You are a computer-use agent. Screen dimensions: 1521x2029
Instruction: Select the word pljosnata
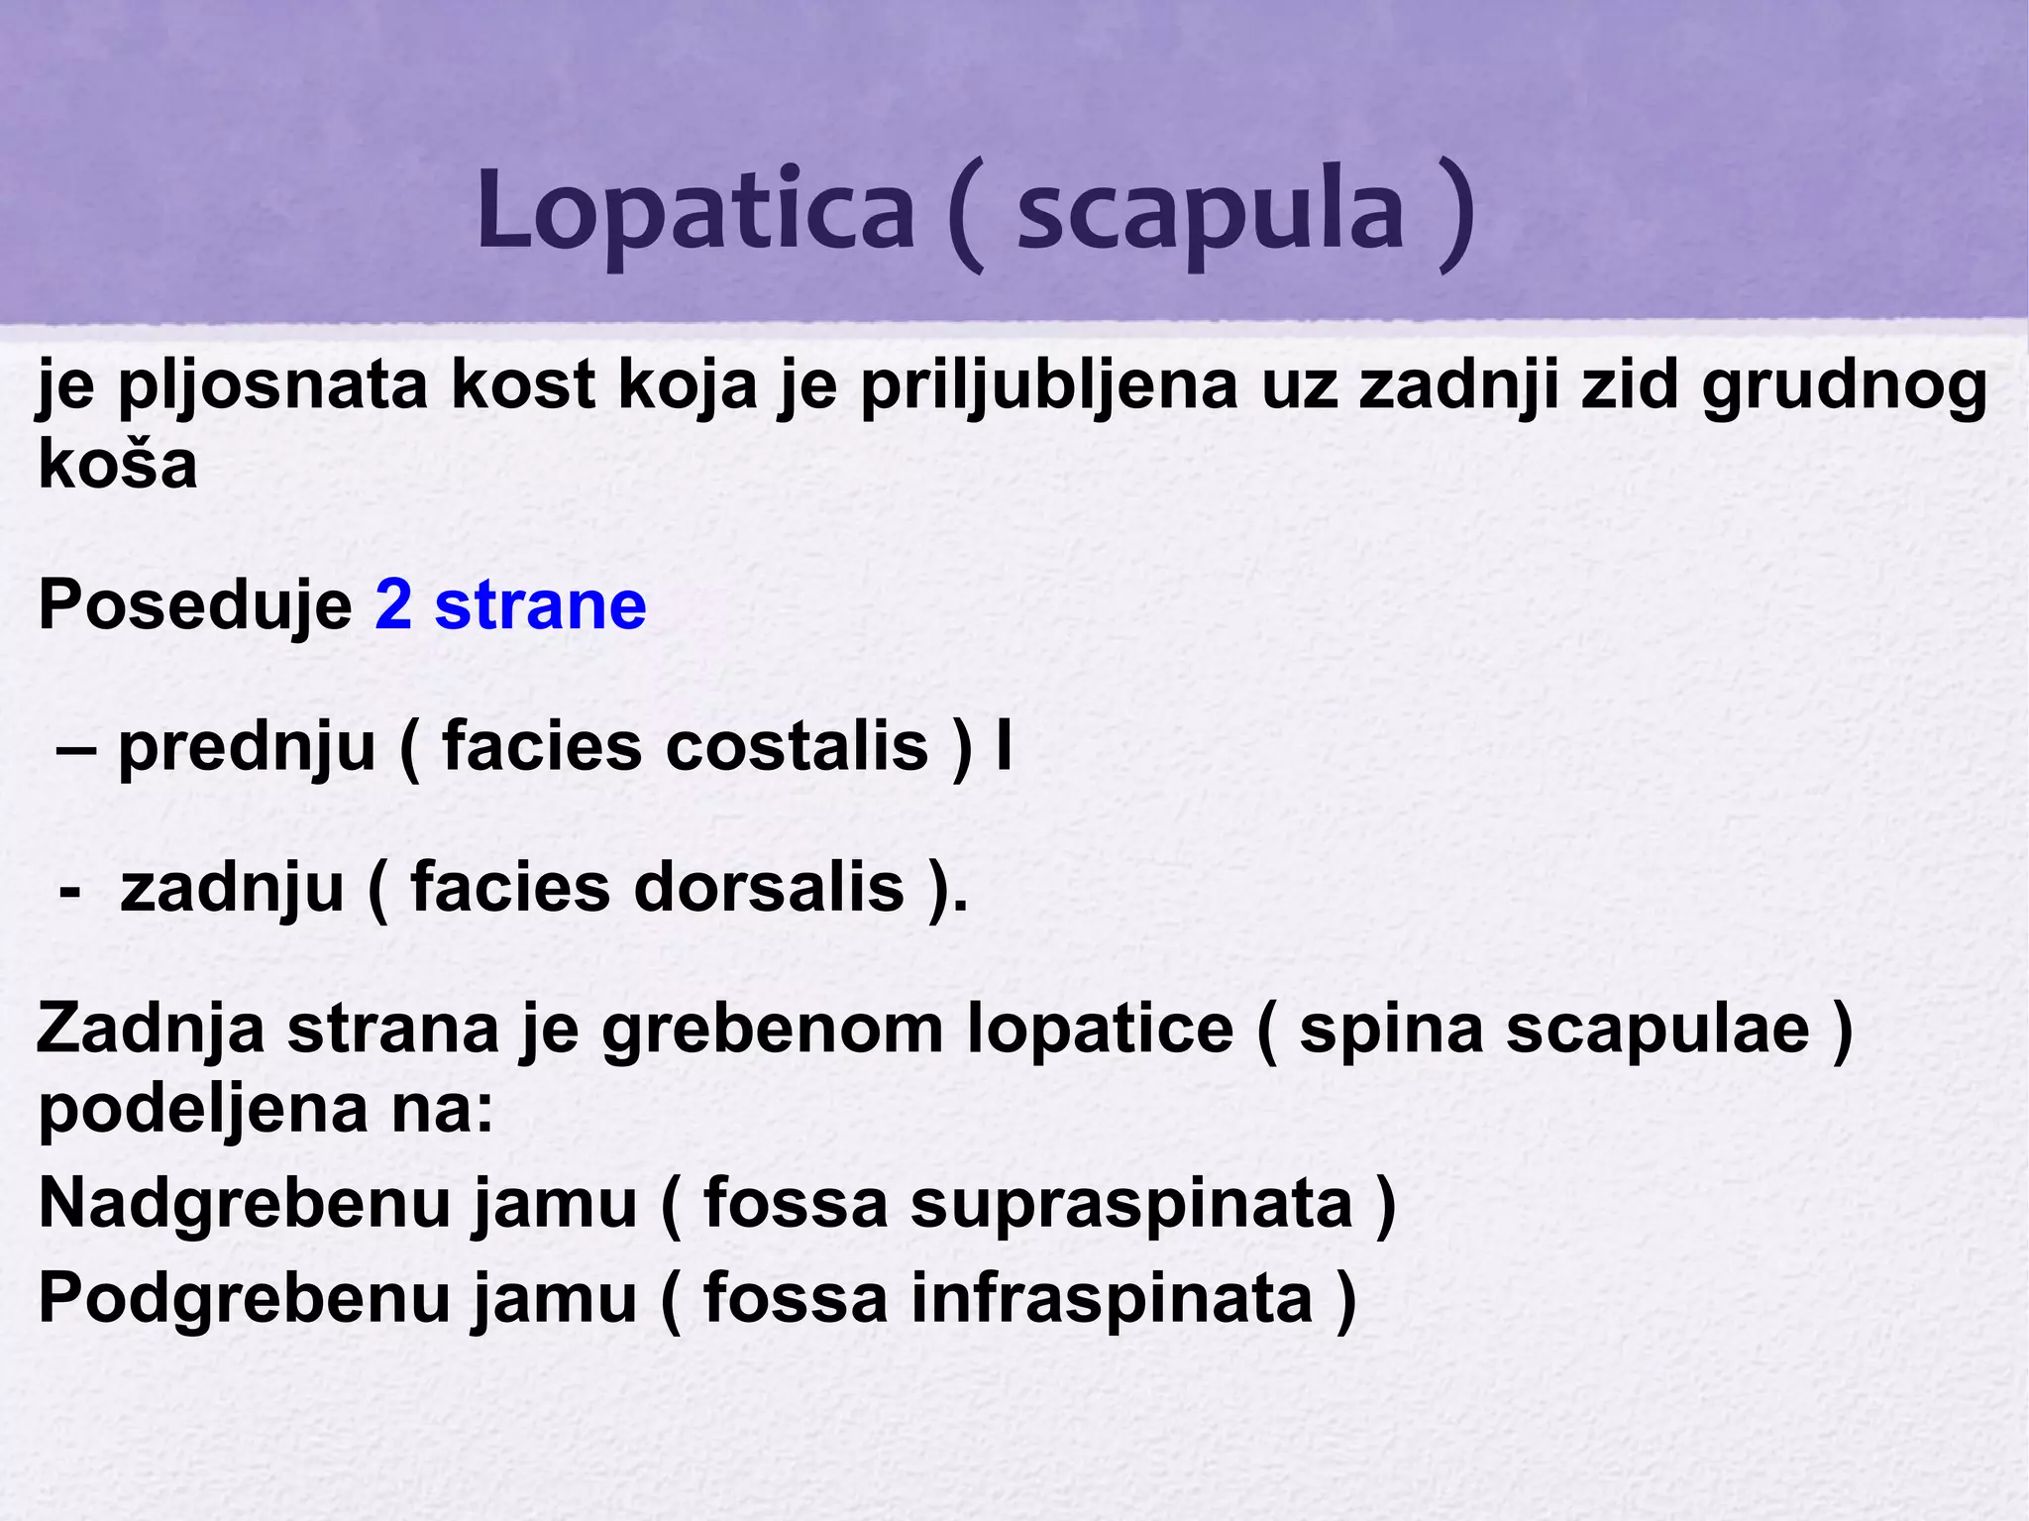click(x=272, y=387)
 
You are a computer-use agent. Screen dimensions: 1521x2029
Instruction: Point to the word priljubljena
click(x=1048, y=387)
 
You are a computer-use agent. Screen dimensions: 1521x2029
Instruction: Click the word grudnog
click(x=1844, y=387)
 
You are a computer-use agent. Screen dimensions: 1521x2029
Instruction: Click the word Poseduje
click(x=195, y=605)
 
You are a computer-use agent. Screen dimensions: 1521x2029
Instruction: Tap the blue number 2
click(x=393, y=605)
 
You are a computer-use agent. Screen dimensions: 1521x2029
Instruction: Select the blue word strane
click(x=541, y=605)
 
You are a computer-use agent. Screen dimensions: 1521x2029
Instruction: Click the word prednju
click(x=247, y=748)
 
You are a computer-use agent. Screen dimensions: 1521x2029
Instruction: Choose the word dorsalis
click(x=769, y=888)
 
